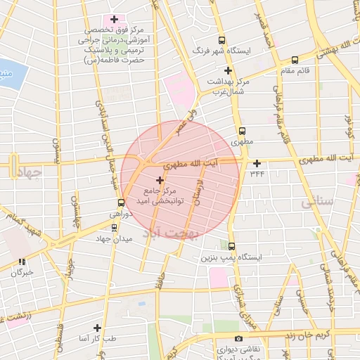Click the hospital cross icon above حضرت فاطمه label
click(x=114, y=18)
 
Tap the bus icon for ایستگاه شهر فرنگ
click(x=222, y=41)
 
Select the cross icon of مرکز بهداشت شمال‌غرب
click(x=228, y=70)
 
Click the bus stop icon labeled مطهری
click(x=243, y=131)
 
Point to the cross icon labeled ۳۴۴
click(x=257, y=163)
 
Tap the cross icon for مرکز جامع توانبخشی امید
click(x=159, y=181)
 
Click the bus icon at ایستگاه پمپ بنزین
click(x=233, y=245)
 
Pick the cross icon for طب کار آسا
click(x=97, y=328)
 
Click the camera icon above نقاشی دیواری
click(x=239, y=340)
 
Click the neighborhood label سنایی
click(x=317, y=202)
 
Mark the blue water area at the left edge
click(x=6, y=72)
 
